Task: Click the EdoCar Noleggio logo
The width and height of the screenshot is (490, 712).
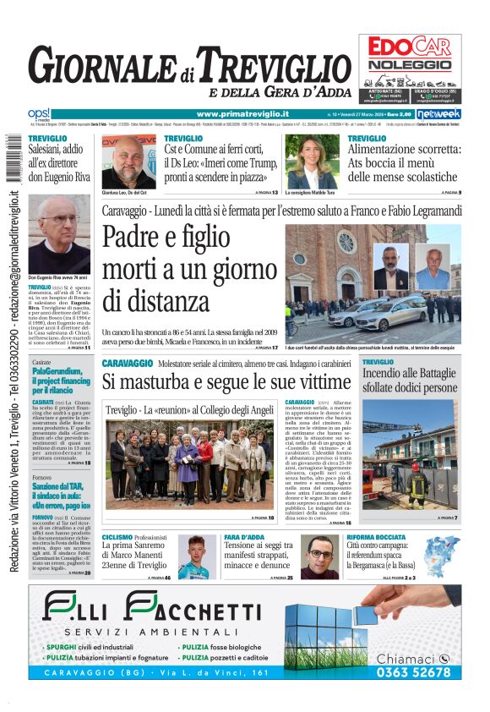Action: (x=410, y=52)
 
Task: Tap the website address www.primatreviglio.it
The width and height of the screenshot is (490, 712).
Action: (x=242, y=114)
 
